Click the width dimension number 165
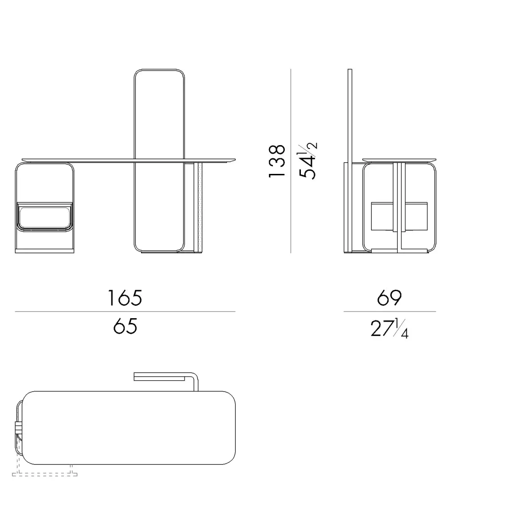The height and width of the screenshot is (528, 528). [x=125, y=298]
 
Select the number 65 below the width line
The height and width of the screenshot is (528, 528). [x=125, y=327]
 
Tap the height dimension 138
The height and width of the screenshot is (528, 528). [x=277, y=161]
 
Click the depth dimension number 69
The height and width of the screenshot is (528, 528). [x=389, y=298]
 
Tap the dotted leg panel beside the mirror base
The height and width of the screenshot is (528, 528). [x=199, y=206]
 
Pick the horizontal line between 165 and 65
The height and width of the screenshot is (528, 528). [x=125, y=312]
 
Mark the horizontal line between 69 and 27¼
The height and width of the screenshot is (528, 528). [x=389, y=312]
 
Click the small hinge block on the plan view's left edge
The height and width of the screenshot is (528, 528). [x=18, y=428]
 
